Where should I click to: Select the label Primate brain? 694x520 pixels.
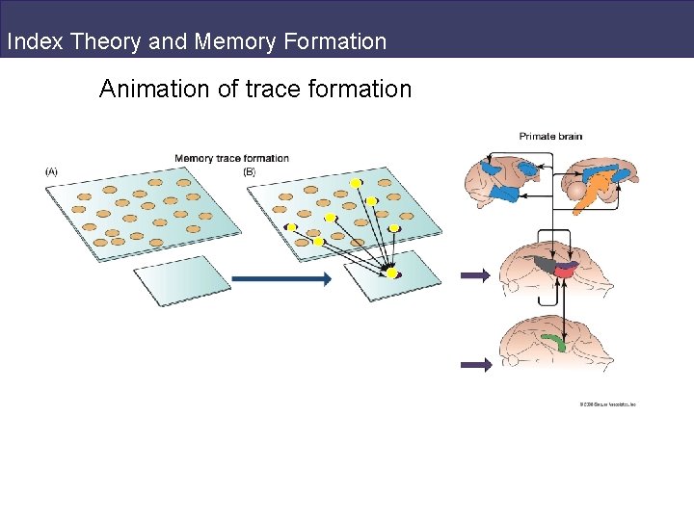pyautogui.click(x=550, y=136)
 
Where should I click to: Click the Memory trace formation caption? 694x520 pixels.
pyautogui.click(x=231, y=158)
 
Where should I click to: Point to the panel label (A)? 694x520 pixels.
pyautogui.click(x=51, y=171)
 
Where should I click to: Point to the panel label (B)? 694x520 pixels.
pyautogui.click(x=250, y=171)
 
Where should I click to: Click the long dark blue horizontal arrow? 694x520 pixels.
pyautogui.click(x=281, y=279)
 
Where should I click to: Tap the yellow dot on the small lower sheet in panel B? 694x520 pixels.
pyautogui.click(x=391, y=273)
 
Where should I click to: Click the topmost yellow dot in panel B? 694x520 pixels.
pyautogui.click(x=355, y=183)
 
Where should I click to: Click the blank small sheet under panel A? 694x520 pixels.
pyautogui.click(x=182, y=280)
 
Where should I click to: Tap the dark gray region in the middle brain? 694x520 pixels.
pyautogui.click(x=546, y=264)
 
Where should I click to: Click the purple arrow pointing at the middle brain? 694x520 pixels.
pyautogui.click(x=475, y=275)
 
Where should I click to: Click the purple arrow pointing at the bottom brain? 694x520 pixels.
pyautogui.click(x=475, y=364)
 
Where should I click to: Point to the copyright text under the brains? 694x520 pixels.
pyautogui.click(x=607, y=404)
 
